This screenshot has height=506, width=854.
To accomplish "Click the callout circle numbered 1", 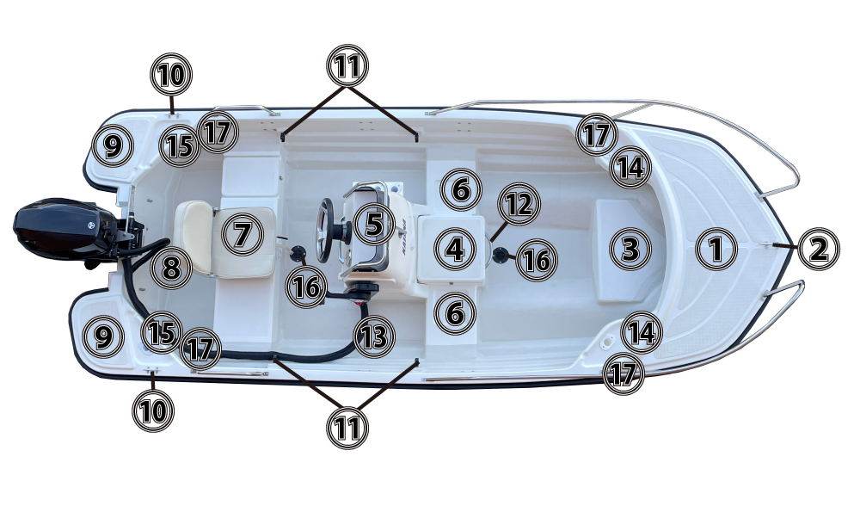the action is pos(716,249).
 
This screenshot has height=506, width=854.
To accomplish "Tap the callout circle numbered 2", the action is pos(819,249).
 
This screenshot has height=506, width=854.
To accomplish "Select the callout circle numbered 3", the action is pos(630,249).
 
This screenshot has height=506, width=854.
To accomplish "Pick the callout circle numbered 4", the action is pos(455,249).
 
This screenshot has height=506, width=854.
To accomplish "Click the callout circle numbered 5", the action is pos(374,224).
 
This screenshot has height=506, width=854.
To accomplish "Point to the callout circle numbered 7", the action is pos(243,235).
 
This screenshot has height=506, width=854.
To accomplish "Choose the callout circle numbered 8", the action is pos(171,268).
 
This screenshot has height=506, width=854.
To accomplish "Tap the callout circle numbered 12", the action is pos(519,204).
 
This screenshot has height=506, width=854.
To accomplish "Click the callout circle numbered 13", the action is pos(374,336).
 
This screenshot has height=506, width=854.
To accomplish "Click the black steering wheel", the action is pos(325,231).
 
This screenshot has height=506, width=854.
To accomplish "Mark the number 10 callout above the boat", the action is pos(171,75).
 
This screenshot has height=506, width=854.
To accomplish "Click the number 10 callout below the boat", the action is pos(153,410).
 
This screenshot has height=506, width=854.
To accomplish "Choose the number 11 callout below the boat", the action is pos(347,428).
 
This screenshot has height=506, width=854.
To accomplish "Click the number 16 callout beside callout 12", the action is pos(537,260).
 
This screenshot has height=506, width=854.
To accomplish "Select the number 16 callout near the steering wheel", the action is pos(306,287).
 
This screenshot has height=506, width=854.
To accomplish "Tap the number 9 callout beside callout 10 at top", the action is pos(113,145).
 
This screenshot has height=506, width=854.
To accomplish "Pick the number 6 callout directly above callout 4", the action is pos(461,189).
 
